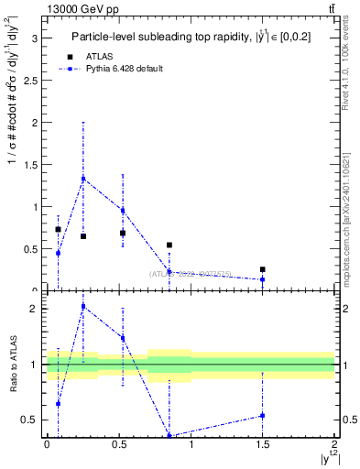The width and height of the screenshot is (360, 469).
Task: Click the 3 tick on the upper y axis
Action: tap(38, 38)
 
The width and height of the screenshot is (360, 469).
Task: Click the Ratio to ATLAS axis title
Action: tap(12, 364)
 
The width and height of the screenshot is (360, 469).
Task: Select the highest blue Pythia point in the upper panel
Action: tap(83, 179)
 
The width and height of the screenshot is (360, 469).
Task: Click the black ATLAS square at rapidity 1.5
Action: tap(263, 269)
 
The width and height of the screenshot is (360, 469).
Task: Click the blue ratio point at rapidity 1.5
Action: tap(263, 415)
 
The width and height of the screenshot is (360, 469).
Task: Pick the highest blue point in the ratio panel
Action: tap(83, 307)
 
